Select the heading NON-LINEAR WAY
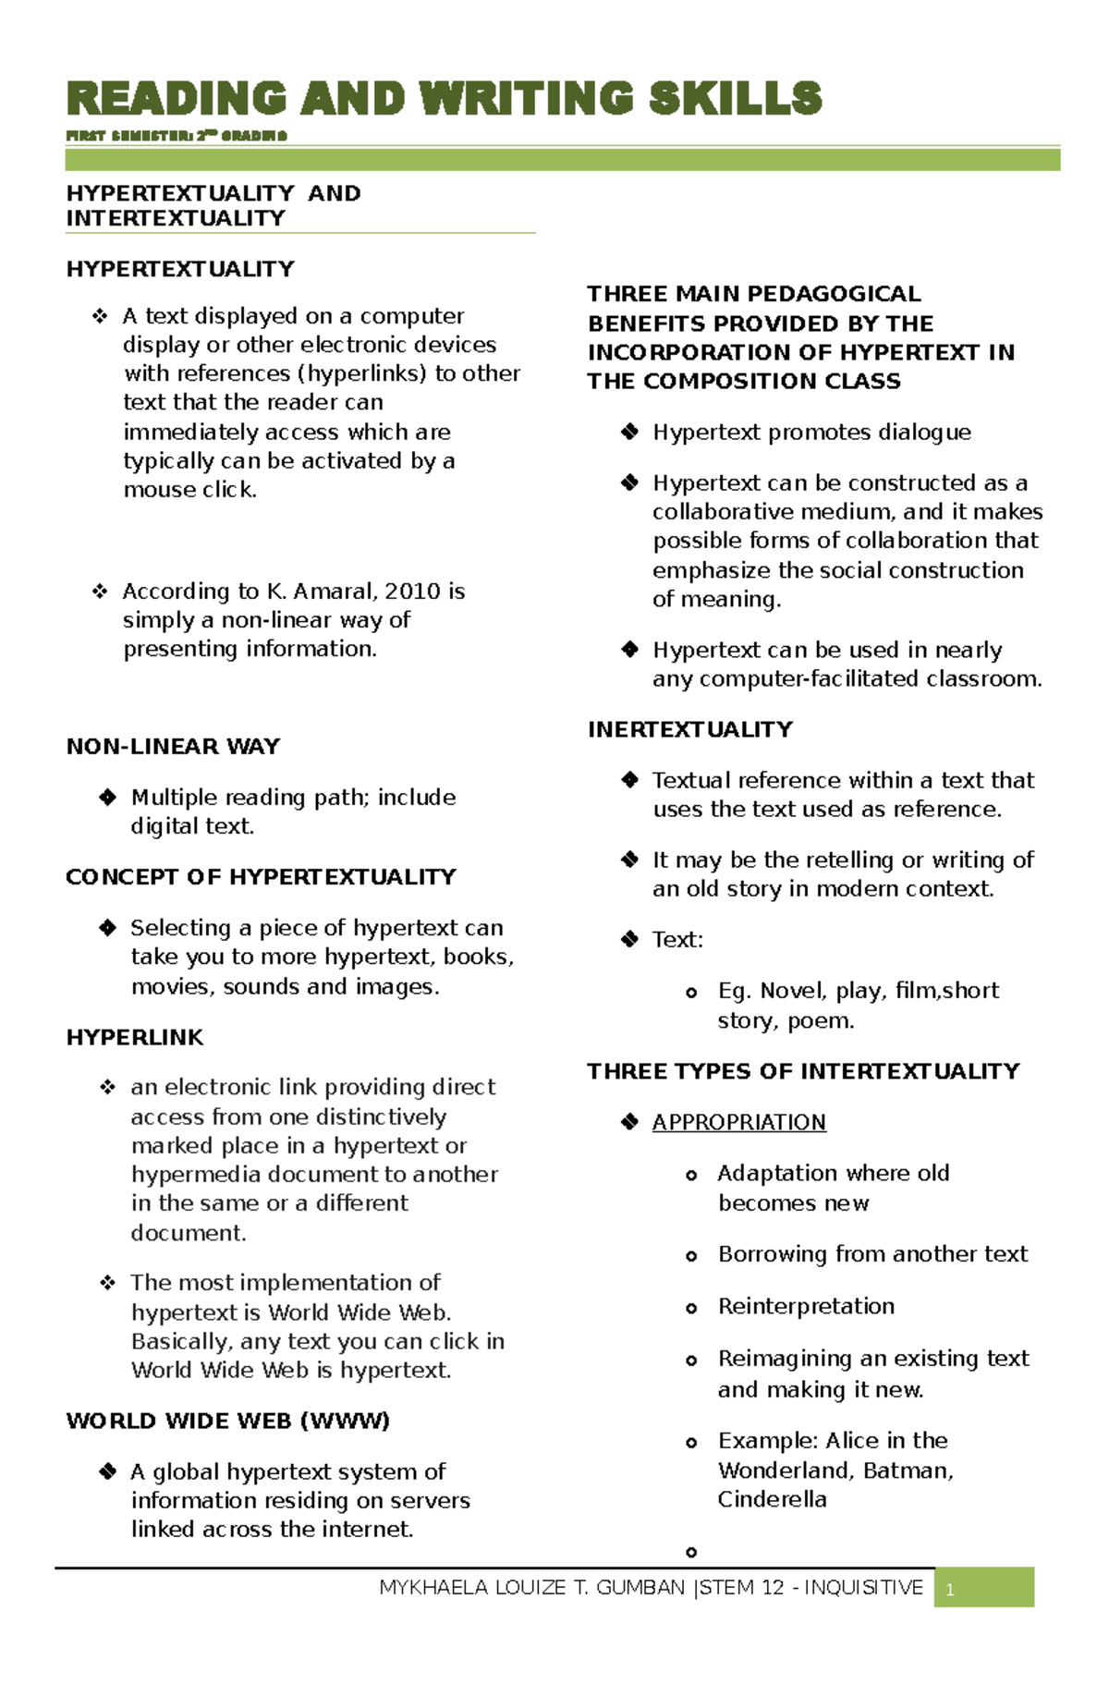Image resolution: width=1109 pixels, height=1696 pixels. pos(173,747)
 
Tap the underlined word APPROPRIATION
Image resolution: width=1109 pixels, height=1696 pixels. pos(738,1122)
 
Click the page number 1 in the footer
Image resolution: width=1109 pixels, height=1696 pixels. pos(950,1590)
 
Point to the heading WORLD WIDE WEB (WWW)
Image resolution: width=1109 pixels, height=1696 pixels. pos(227,1421)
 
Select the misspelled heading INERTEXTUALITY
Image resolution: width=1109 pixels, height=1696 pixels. pos(689,730)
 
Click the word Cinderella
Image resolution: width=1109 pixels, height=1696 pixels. pos(772,1499)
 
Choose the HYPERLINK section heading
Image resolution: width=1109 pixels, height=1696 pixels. pos(135,1038)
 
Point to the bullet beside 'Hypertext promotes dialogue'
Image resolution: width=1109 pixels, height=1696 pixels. pos(629,432)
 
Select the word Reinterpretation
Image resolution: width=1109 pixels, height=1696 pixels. pos(806,1306)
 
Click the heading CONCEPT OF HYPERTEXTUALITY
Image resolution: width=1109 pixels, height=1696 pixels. pos(261,877)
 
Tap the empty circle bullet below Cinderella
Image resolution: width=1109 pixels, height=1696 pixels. pos(691,1553)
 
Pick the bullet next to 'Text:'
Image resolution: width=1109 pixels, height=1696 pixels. pos(629,940)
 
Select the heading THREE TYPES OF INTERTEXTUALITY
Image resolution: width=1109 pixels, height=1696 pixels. pos(803,1072)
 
